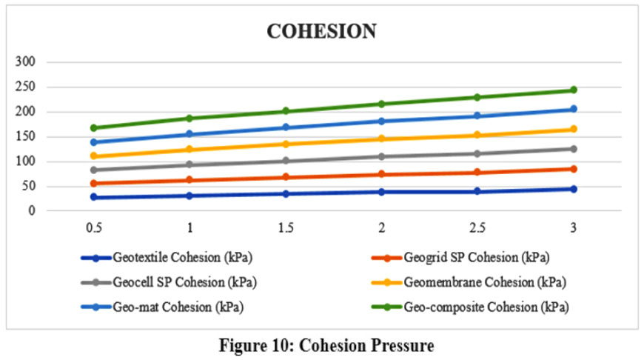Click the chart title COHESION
(321, 31)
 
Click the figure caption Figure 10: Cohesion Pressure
(321, 344)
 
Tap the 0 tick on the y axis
(33, 210)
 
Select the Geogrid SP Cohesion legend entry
(466, 259)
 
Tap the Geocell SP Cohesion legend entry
(178, 282)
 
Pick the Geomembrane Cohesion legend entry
(474, 282)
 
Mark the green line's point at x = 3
(573, 90)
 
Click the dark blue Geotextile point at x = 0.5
(94, 197)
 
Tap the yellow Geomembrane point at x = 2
(381, 139)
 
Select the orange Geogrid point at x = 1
(189, 180)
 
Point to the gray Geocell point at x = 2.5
(477, 153)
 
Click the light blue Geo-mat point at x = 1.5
(286, 127)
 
